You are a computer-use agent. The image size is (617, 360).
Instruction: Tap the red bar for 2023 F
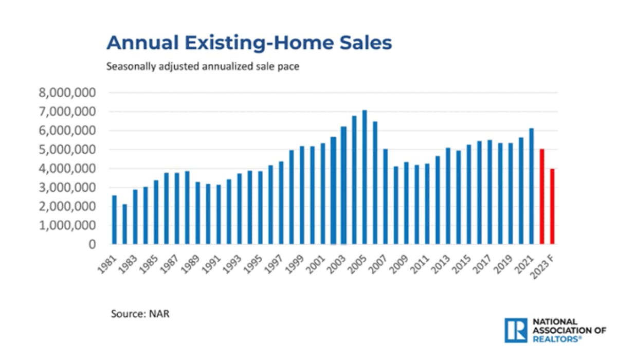[x=552, y=206]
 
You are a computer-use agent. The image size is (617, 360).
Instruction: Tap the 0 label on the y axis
[x=93, y=244]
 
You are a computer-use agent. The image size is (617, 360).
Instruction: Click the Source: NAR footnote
[x=140, y=313]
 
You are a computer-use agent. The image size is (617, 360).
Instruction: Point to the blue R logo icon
[x=515, y=330]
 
